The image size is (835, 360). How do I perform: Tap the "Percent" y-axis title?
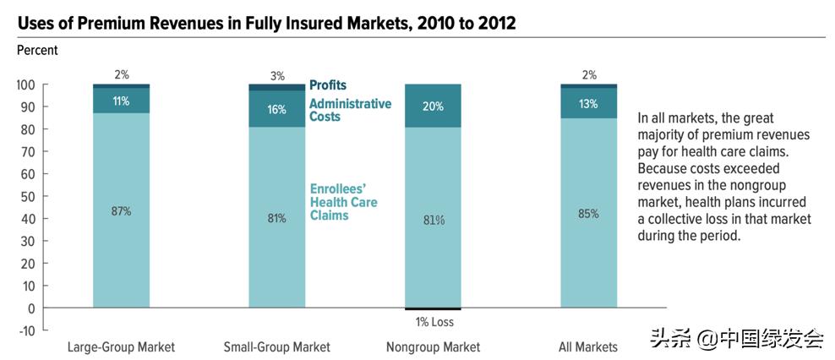click(37, 51)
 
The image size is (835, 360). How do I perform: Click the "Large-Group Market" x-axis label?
click(121, 347)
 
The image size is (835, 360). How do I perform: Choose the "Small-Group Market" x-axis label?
click(276, 347)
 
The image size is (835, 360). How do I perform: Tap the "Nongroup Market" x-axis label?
click(433, 347)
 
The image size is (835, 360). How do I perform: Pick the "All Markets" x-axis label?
click(588, 347)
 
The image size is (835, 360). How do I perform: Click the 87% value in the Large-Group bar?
click(121, 211)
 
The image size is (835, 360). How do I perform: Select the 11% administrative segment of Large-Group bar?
click(121, 101)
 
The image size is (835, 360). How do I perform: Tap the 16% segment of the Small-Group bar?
click(276, 109)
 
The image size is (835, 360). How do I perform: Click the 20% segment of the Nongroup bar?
click(433, 106)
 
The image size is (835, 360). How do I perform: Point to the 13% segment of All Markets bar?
click(588, 104)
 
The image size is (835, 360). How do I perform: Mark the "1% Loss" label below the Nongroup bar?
click(434, 321)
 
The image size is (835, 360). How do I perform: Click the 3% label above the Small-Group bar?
click(276, 76)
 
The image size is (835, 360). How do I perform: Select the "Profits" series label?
click(328, 85)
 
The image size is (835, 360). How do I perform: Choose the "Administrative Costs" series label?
click(350, 110)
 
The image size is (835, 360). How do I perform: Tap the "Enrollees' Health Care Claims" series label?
click(343, 203)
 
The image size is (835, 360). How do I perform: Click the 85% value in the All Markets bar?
click(588, 214)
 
